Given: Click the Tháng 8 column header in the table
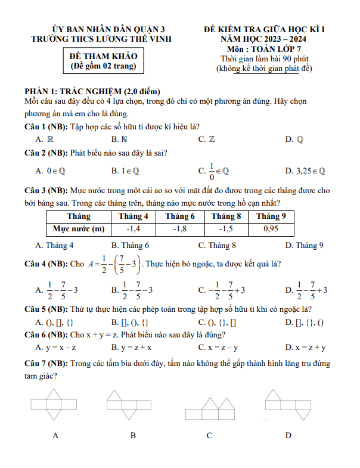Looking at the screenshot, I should point(226,216).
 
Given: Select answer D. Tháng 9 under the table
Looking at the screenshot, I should point(304,245).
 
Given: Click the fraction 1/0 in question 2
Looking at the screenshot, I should point(211,171).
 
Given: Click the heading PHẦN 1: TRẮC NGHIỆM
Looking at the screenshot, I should point(92,91).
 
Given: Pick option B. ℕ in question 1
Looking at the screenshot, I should point(119,139).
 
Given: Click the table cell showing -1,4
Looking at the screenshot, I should point(134,228).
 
